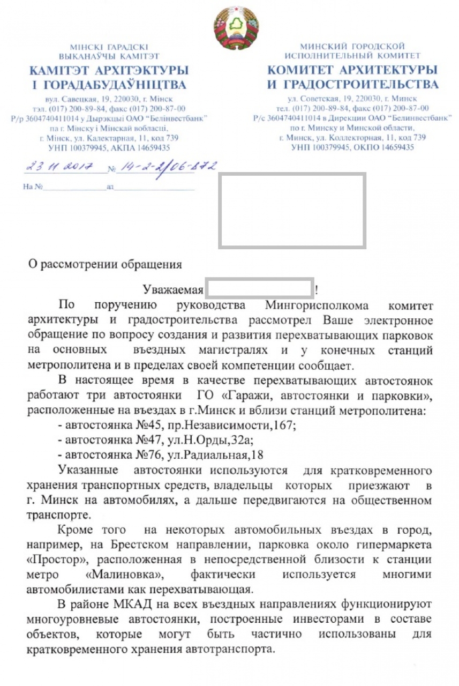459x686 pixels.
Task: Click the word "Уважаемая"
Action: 173,291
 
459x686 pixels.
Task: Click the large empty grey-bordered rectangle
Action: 292,210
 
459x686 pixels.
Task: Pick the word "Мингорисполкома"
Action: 317,306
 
